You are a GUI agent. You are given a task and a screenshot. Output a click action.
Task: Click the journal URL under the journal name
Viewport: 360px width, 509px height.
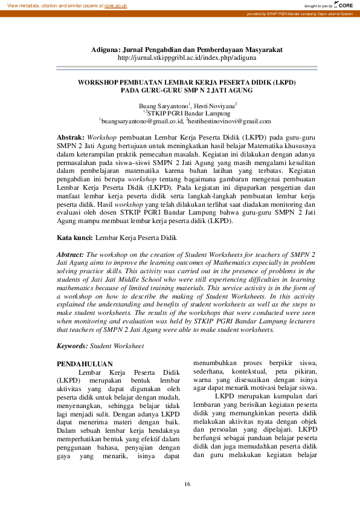point(187,58)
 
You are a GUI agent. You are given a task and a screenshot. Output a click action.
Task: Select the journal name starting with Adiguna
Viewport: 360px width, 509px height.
point(187,49)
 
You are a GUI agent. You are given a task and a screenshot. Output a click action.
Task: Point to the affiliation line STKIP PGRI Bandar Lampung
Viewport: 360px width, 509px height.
point(187,113)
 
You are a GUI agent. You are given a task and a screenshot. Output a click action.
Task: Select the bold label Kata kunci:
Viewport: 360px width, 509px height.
point(79,239)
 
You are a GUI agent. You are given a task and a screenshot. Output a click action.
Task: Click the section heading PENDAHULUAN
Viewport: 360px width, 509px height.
point(85,364)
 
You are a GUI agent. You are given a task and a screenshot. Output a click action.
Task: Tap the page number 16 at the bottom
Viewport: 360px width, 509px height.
point(187,484)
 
